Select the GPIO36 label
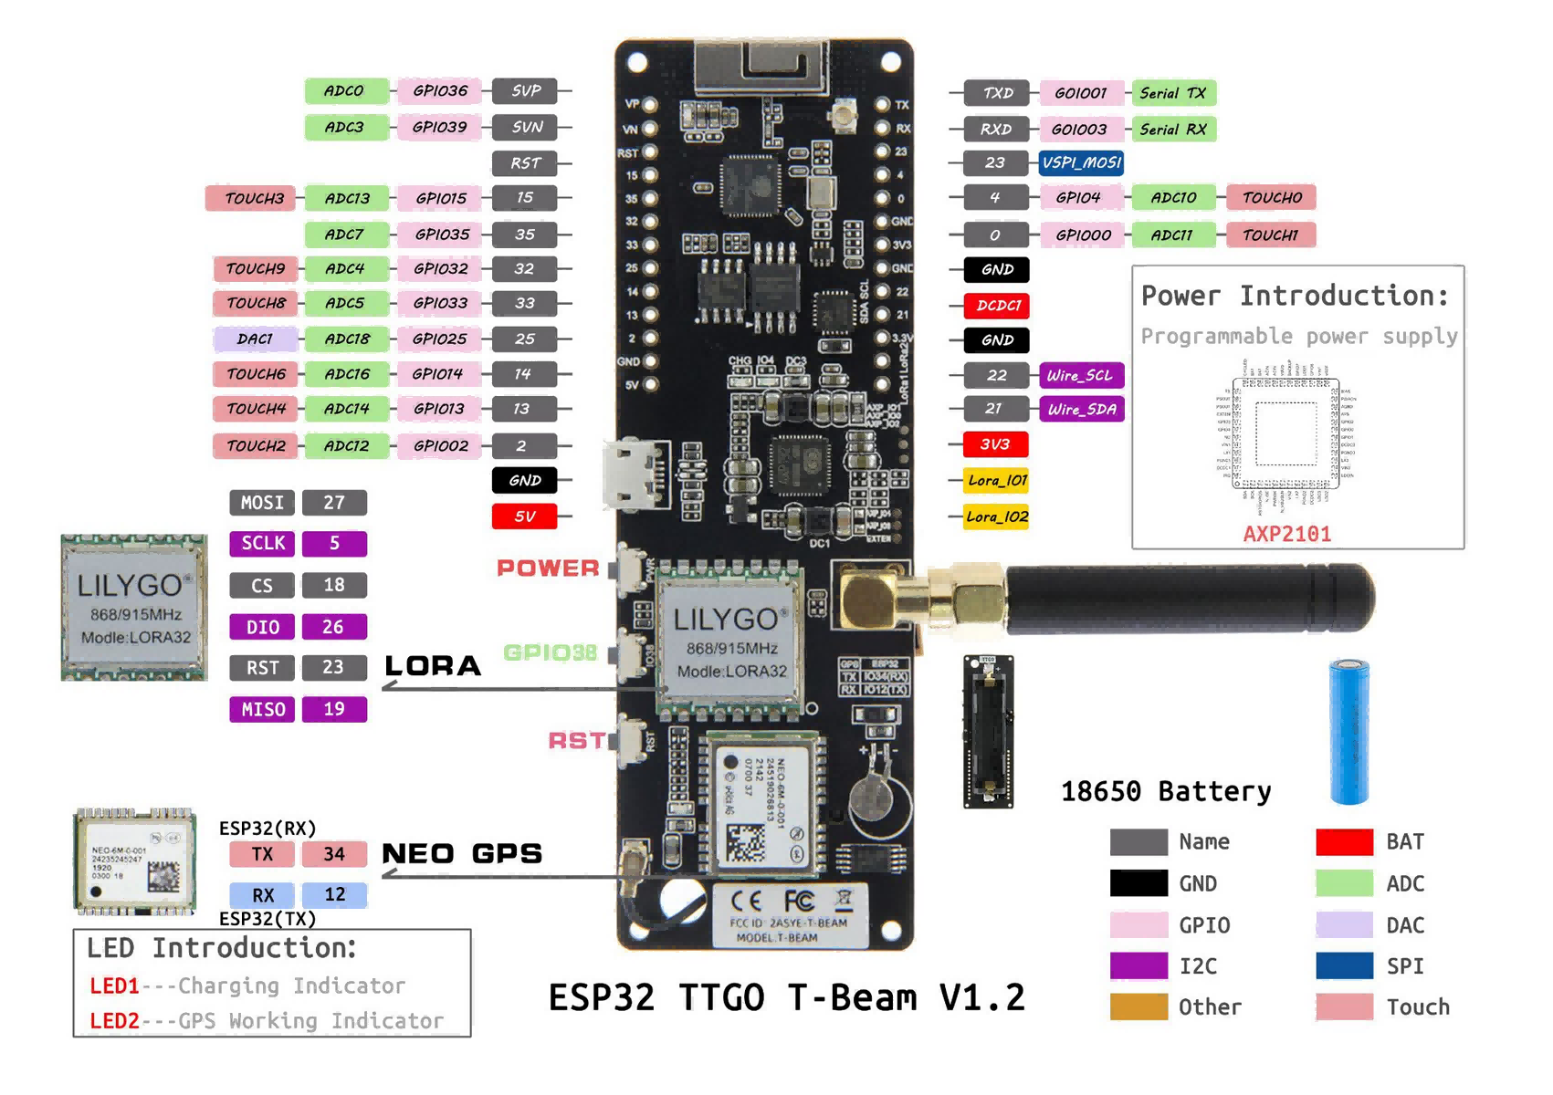439,90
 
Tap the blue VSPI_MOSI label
1081,162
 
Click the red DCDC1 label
997,305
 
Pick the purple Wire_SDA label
1081,409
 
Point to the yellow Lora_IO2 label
997,516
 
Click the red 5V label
524,516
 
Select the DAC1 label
255,339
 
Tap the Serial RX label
1172,130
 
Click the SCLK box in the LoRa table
262,543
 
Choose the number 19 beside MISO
334,709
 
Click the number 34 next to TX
334,854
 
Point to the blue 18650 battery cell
1348,730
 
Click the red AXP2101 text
1286,534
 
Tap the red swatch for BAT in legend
1344,841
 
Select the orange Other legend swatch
1139,1006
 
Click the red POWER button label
548,568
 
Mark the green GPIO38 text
550,652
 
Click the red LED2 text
114,1020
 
